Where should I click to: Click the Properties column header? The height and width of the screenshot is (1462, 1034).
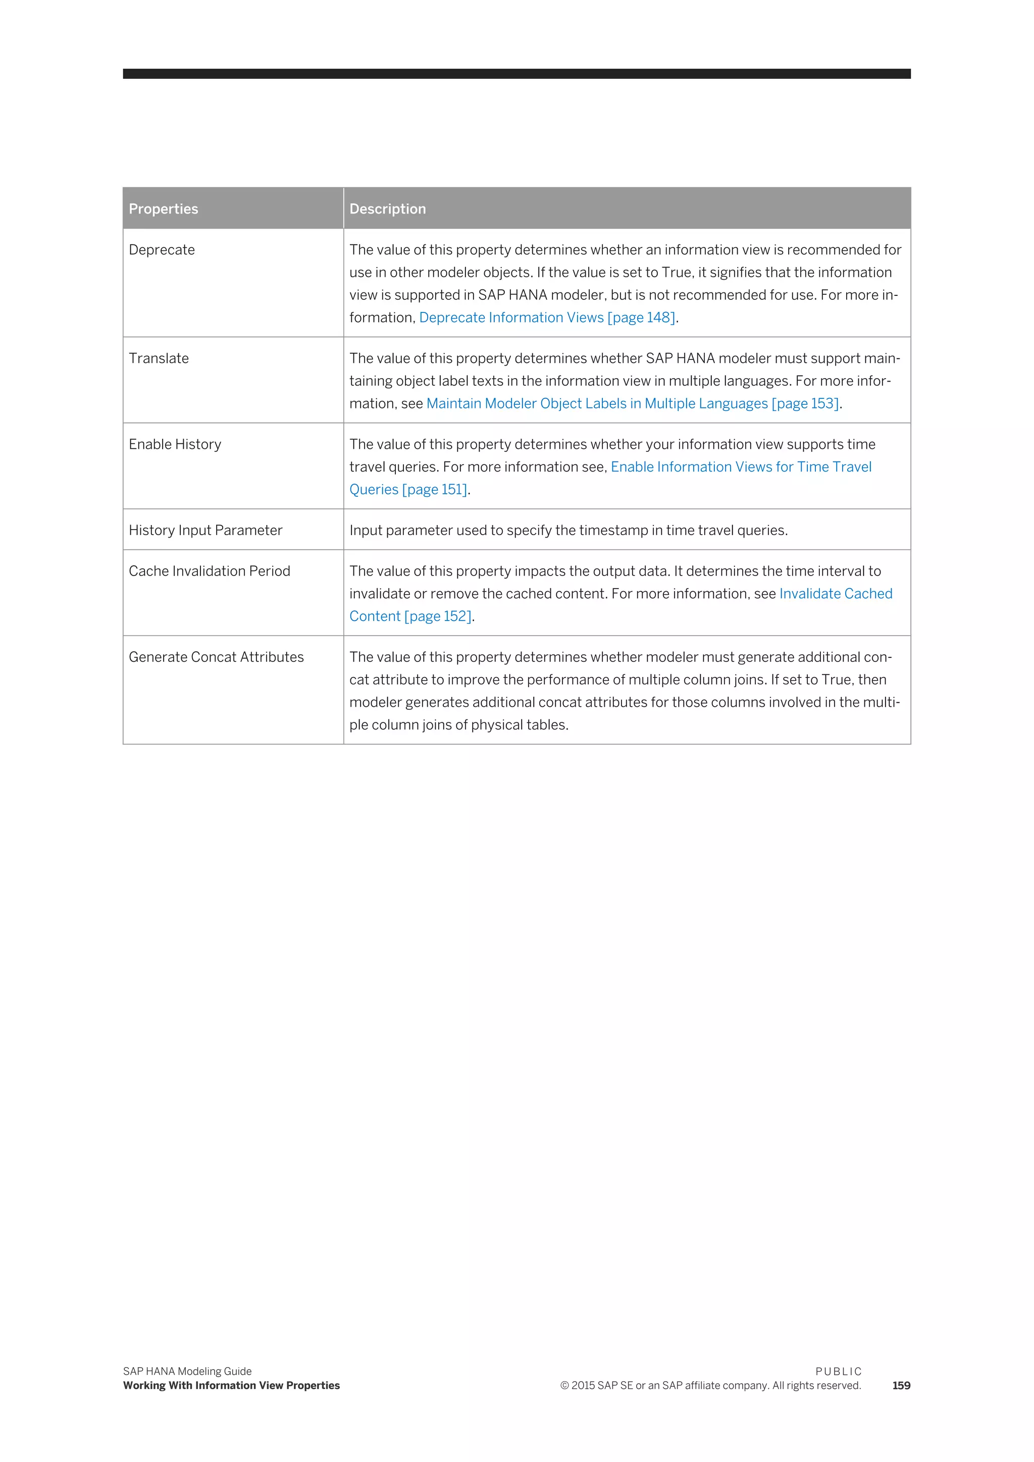(x=163, y=209)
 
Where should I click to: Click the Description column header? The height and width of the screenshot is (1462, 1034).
(x=387, y=209)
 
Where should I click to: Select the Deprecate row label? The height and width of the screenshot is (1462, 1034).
(x=162, y=249)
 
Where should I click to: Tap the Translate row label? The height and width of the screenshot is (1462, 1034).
(x=159, y=358)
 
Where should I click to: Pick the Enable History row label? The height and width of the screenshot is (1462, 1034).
(x=175, y=444)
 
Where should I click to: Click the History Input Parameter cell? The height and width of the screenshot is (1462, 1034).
(x=205, y=531)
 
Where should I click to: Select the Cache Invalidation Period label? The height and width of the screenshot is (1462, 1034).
(x=209, y=571)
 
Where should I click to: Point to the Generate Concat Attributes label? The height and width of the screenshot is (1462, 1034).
(x=216, y=657)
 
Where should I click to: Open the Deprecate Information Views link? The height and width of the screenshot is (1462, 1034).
(x=546, y=318)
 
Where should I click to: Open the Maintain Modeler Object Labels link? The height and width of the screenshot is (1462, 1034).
(x=632, y=404)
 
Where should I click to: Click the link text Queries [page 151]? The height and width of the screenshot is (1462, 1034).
(x=408, y=490)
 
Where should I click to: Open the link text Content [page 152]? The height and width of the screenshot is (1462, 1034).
(x=410, y=616)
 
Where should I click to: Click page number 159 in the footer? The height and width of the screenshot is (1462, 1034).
(x=900, y=1386)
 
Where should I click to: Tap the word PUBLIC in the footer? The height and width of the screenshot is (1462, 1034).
(x=838, y=1372)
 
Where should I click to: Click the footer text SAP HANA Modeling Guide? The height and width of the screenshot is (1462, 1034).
(x=187, y=1372)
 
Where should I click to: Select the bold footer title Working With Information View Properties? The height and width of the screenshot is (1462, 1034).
(x=231, y=1386)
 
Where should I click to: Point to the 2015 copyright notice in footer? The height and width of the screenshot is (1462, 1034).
(x=710, y=1386)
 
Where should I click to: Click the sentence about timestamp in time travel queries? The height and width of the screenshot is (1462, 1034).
(x=568, y=531)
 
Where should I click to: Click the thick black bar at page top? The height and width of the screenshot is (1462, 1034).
(x=516, y=74)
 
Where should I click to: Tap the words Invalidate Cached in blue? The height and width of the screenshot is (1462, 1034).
(x=836, y=594)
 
